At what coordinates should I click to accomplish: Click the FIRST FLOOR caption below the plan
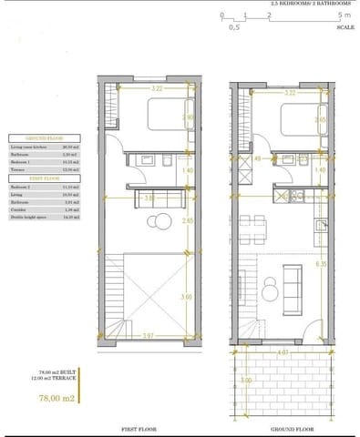[x=144, y=427]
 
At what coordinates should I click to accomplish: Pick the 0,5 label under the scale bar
[x=234, y=28]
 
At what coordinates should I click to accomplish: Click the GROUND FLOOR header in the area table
[x=41, y=132]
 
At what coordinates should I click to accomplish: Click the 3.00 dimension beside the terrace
[x=245, y=380]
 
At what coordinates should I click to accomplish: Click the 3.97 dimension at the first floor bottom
[x=149, y=336]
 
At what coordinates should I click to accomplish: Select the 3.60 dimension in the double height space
[x=187, y=296]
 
